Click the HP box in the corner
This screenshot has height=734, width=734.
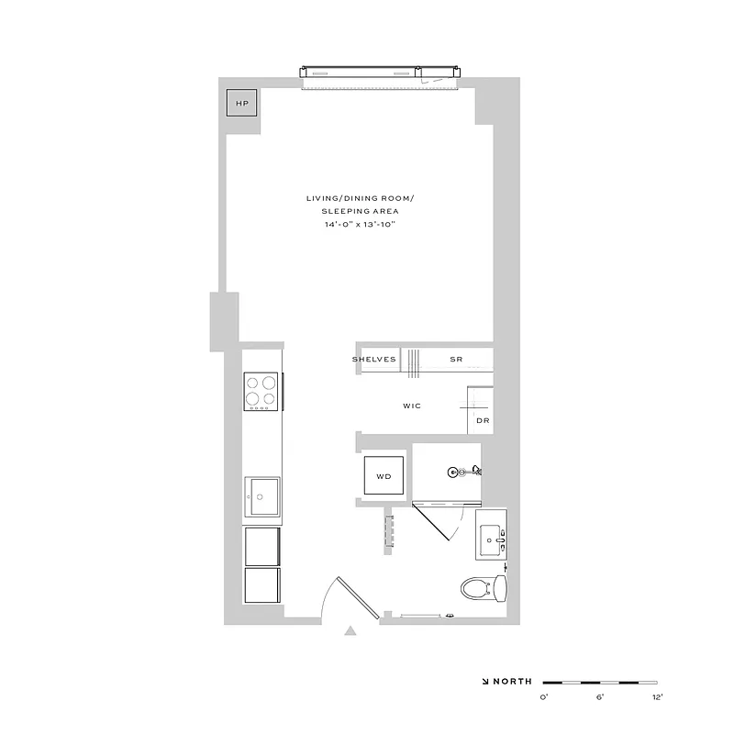242,104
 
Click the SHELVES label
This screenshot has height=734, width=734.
374,359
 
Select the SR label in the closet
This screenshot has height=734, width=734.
455,359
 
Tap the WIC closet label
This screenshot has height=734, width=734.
411,406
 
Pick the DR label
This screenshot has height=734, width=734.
483,420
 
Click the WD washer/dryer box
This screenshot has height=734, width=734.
384,476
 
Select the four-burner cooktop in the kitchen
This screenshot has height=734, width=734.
262,392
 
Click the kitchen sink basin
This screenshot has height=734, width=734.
261,499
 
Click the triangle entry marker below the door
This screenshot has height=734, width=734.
350,630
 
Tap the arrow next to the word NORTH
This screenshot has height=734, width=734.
484,682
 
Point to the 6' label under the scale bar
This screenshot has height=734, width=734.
600,698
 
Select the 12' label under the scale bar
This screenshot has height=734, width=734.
656,698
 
